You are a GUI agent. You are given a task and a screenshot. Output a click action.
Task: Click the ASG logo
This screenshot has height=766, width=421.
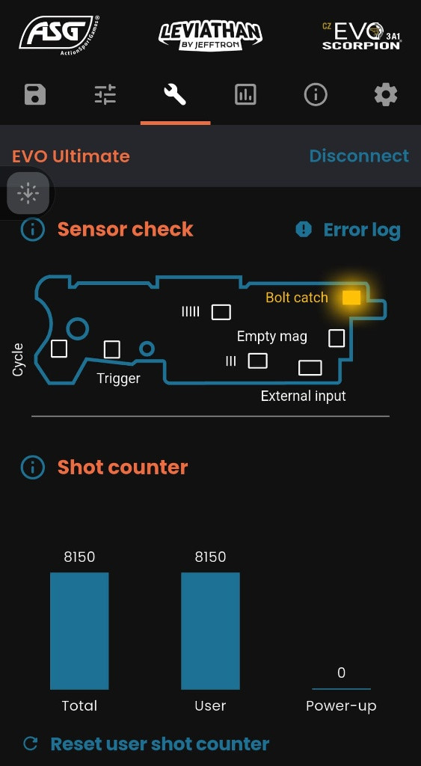pos(60,35)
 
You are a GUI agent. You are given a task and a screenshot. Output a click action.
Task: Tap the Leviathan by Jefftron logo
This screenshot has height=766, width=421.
pos(211,36)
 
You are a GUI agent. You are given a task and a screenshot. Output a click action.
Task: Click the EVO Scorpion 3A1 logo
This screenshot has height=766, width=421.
pos(361,35)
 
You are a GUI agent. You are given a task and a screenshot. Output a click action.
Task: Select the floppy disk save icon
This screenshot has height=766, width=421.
pos(35,94)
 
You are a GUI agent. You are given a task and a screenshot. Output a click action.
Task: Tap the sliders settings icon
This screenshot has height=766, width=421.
pos(105,94)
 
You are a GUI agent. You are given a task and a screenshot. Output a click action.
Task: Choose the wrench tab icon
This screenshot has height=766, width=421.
pos(175,94)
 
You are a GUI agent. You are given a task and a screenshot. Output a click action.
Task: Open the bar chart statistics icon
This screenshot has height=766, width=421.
pos(245,94)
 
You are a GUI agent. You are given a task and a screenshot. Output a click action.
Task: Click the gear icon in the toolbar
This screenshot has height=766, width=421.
pos(386,94)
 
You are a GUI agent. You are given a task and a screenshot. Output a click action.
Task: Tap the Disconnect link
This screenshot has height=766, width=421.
pos(359,156)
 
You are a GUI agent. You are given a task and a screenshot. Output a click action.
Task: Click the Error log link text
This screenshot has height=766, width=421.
pos(362,230)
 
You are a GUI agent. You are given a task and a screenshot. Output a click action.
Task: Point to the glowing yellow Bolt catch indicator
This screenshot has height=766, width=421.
pos(351,298)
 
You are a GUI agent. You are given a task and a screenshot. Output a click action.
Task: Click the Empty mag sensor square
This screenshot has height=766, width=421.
pos(337,338)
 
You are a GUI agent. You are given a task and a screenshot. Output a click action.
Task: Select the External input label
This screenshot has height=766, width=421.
pos(304,396)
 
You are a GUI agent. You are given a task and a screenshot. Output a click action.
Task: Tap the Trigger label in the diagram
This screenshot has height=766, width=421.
pos(118,378)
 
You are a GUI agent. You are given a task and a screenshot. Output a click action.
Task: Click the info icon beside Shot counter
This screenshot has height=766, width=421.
pos(33,468)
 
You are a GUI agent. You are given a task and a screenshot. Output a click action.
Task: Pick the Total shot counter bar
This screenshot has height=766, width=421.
pos(79,631)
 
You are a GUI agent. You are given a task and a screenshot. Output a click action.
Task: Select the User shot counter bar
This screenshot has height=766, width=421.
pos(211,631)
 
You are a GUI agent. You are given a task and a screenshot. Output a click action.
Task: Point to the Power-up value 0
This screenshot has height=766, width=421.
pos(342,672)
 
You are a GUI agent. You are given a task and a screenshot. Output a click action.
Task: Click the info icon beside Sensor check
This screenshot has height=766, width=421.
pos(33,230)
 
